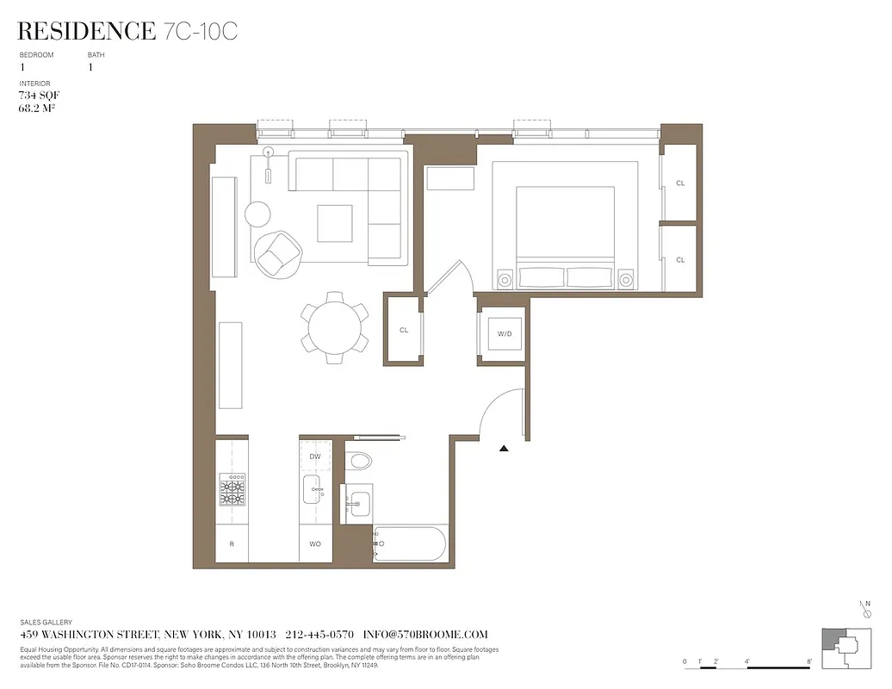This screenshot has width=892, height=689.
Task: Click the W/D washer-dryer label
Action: [504, 333]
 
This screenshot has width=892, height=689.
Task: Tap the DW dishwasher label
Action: [315, 456]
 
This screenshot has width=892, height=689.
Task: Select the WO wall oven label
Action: [315, 544]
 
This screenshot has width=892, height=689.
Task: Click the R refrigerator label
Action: [232, 544]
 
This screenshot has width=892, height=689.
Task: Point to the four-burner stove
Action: [232, 490]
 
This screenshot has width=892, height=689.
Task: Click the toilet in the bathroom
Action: [359, 462]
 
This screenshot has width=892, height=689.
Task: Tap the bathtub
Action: [410, 544]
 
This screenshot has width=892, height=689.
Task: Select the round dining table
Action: [335, 327]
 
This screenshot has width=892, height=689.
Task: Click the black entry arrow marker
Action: [504, 448]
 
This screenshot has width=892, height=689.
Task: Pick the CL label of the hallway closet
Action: [404, 330]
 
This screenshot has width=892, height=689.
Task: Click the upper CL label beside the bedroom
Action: [680, 183]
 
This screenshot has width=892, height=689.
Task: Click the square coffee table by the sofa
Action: [334, 223]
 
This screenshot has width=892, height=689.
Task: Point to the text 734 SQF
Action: [39, 96]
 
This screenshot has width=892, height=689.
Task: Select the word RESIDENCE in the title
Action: [86, 32]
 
